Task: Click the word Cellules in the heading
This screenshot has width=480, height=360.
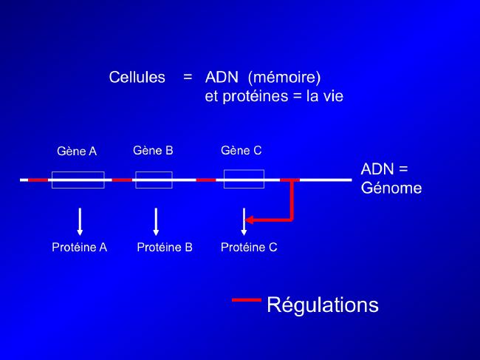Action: click(x=137, y=77)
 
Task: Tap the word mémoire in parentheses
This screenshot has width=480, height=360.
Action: click(x=284, y=77)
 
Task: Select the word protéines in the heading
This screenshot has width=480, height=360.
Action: click(x=256, y=97)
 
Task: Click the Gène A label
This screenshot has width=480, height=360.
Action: click(x=77, y=151)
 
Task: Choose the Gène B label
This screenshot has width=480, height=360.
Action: click(x=153, y=151)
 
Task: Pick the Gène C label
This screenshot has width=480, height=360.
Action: click(x=241, y=151)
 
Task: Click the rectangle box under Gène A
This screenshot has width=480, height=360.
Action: click(x=78, y=172)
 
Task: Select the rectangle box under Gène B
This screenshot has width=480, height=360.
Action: click(x=154, y=172)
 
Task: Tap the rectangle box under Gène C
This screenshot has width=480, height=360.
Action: click(x=244, y=170)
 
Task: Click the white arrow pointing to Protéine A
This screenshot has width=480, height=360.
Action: click(x=80, y=222)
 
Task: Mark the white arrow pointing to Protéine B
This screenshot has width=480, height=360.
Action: click(x=156, y=222)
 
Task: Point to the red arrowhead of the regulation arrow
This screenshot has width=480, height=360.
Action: click(x=249, y=220)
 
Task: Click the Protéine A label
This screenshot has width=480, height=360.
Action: click(x=80, y=247)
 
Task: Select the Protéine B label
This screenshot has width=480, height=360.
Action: click(x=165, y=247)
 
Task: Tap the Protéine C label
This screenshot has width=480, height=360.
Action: click(x=249, y=247)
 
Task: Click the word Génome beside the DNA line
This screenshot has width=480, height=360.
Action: click(x=391, y=188)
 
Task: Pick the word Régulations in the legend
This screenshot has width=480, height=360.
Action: click(x=323, y=305)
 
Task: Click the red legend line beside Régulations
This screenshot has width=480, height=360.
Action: click(x=247, y=300)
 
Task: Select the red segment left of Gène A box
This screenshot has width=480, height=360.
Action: click(x=38, y=180)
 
